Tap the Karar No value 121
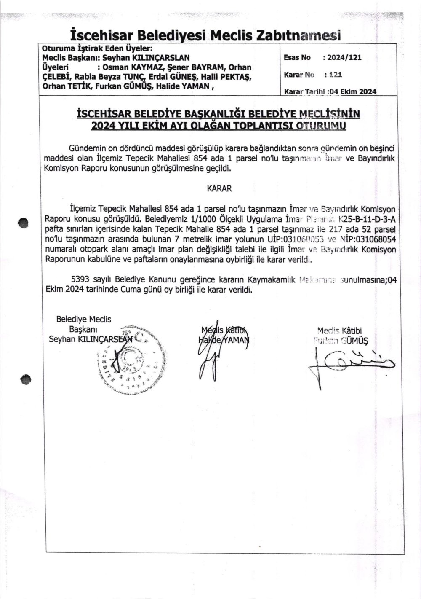336,75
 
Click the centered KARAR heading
219,188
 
